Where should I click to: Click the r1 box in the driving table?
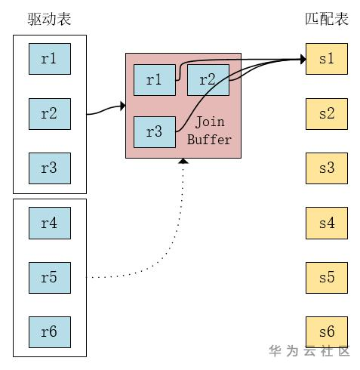point(49,59)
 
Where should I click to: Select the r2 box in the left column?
point(49,113)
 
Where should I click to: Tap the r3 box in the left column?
point(49,168)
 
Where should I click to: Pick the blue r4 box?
point(49,223)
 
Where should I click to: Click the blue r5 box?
point(49,277)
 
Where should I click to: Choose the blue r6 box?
point(49,331)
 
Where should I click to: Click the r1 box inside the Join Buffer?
point(154,80)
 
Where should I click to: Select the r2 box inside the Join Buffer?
point(208,80)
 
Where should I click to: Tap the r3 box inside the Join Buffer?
point(154,132)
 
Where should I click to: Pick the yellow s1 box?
point(327,59)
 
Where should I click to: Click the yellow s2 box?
point(327,113)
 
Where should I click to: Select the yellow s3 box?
point(327,168)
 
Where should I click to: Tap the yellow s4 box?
point(327,223)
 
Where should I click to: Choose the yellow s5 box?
point(327,277)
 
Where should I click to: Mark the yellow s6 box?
point(327,331)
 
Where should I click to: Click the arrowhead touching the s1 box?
point(302,59)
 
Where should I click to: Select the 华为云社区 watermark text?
point(309,351)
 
